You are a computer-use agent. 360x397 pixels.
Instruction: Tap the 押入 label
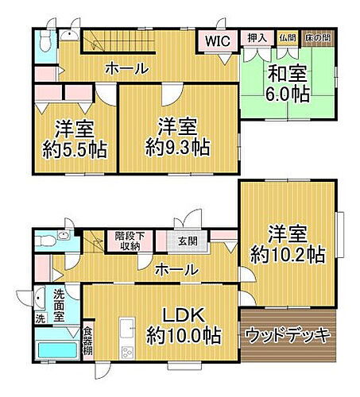point(256,37)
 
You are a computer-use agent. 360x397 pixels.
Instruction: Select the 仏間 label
point(286,37)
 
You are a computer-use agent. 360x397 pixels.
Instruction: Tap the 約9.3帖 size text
point(177,147)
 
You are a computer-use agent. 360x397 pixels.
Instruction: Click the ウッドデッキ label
point(287,334)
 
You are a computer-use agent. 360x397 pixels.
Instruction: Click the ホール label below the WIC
point(126,69)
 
